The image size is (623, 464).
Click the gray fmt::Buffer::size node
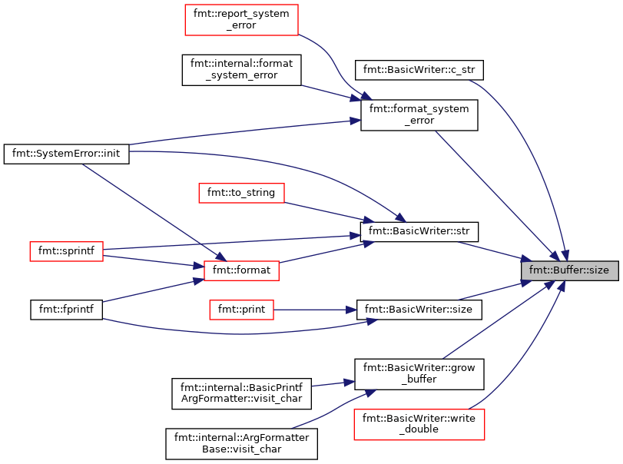point(569,270)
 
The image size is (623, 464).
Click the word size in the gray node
point(597,270)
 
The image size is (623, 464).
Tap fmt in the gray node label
point(536,270)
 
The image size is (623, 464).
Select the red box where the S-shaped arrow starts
point(241,20)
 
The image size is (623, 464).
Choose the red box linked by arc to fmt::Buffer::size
point(419,424)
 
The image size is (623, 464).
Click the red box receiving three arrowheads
point(241,270)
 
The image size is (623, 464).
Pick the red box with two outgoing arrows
point(66,251)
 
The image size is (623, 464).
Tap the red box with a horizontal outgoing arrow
point(241,310)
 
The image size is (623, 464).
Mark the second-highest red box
point(241,193)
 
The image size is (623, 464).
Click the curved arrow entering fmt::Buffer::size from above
point(538,154)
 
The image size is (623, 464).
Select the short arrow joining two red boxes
point(154,261)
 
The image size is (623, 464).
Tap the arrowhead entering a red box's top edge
point(220,257)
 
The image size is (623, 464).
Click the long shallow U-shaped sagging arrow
point(238,333)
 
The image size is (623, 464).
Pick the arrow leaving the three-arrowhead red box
point(323,252)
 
